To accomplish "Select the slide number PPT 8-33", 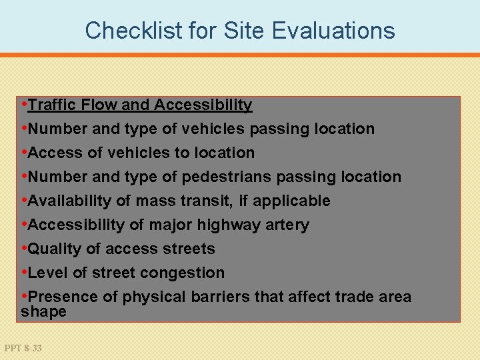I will coord(23,347).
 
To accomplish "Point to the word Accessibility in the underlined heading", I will coord(203,105).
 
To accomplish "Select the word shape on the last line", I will coord(44,311).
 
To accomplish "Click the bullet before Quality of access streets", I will coord(25,249).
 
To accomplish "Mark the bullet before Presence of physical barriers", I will coord(25,297).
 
